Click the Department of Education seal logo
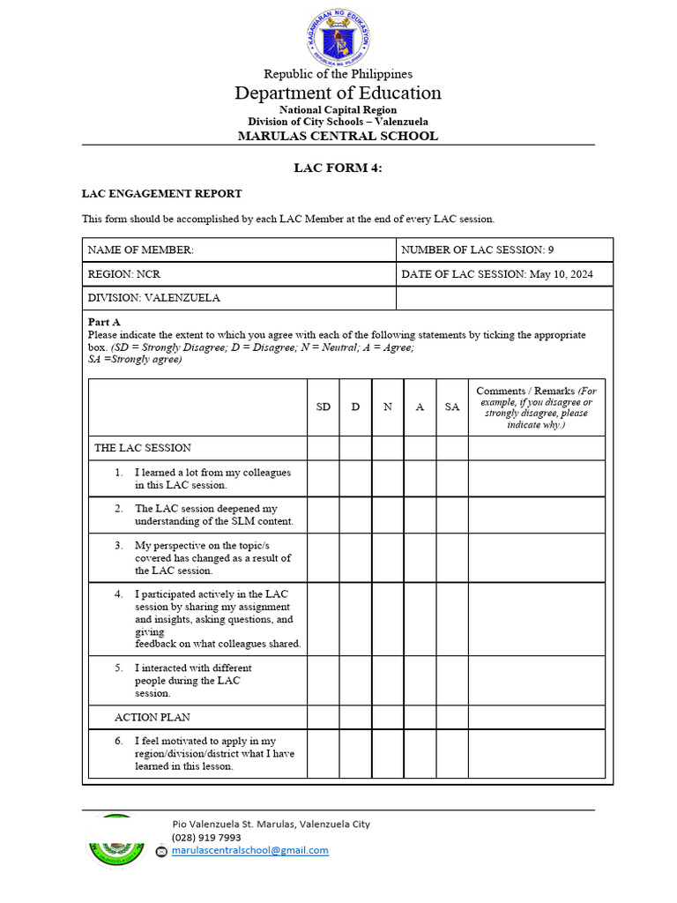point(338,37)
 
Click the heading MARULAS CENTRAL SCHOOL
point(338,136)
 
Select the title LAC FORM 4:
point(338,168)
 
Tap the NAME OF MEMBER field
point(239,250)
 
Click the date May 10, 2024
point(561,274)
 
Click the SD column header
point(324,407)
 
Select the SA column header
point(452,407)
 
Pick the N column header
point(388,407)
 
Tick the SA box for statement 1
point(452,479)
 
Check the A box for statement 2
point(420,515)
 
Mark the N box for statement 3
point(388,557)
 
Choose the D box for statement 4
point(355,619)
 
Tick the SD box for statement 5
point(324,680)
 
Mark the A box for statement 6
point(420,754)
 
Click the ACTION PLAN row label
point(152,717)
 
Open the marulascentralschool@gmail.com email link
point(249,851)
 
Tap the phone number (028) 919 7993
point(205,838)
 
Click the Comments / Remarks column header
point(536,407)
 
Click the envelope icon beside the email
point(161,852)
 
